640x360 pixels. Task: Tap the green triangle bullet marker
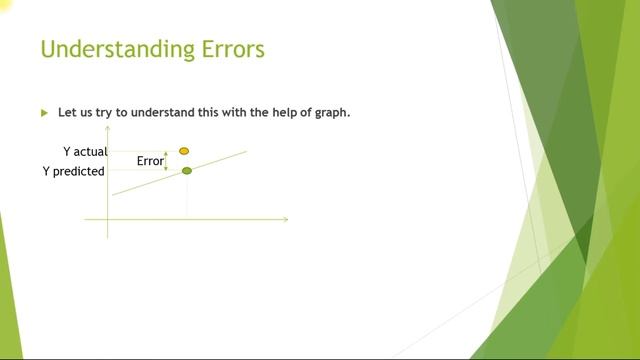click(x=44, y=113)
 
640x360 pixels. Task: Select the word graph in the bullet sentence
click(x=329, y=112)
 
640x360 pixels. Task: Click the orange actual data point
click(x=184, y=151)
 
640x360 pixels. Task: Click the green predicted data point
click(x=186, y=171)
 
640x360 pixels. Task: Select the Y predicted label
click(x=73, y=171)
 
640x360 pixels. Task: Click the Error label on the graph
click(x=150, y=161)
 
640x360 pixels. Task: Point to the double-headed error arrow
click(x=166, y=161)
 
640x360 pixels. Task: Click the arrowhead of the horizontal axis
click(x=285, y=219)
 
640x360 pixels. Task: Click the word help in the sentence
click(x=276, y=112)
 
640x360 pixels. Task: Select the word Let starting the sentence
click(x=67, y=112)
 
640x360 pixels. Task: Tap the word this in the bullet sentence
click(x=197, y=112)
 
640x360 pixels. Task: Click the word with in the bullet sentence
click(x=227, y=112)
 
